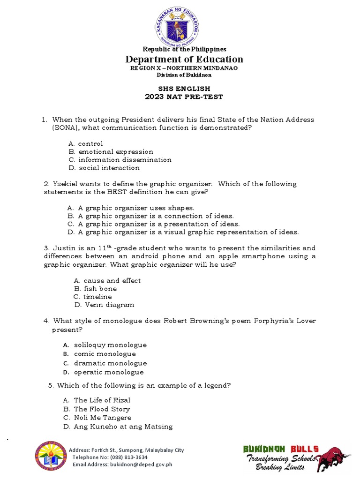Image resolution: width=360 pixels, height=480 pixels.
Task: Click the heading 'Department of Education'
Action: click(x=184, y=59)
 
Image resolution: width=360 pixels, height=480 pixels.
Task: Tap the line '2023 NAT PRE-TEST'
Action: click(x=184, y=97)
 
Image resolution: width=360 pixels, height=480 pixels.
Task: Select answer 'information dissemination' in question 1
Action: click(x=125, y=160)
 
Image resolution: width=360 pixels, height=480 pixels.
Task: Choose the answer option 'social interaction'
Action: click(x=109, y=168)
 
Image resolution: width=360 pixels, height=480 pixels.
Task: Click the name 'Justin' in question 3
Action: click(x=64, y=248)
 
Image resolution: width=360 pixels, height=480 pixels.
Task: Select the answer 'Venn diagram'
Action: click(x=109, y=305)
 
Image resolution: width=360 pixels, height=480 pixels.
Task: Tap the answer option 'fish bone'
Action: click(x=100, y=289)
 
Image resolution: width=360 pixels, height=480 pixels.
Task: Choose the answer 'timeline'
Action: click(x=97, y=297)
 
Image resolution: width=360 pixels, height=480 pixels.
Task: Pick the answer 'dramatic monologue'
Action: click(x=110, y=363)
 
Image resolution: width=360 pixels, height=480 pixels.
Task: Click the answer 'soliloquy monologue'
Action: click(x=110, y=345)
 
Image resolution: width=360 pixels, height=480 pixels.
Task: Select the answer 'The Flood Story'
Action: click(x=102, y=409)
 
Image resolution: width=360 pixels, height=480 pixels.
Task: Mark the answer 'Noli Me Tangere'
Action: click(x=103, y=418)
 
